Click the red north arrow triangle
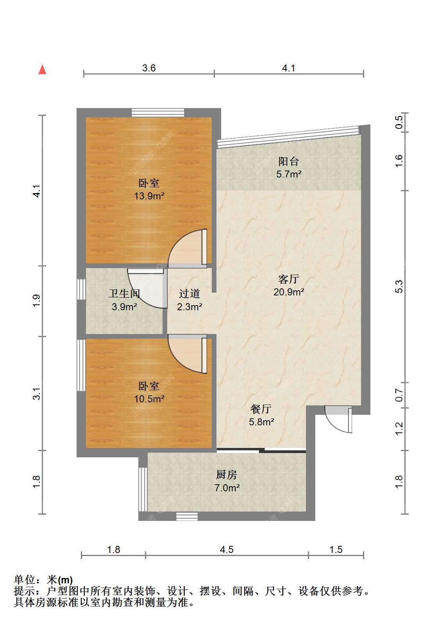43,69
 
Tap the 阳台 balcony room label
288,161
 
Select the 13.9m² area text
149,196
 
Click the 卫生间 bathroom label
124,294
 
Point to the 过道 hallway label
190,294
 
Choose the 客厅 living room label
288,279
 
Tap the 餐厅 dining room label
261,409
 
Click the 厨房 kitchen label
227,475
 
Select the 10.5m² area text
149,399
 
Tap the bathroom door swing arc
146,288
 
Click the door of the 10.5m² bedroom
188,354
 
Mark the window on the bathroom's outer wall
81,289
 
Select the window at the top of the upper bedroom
158,113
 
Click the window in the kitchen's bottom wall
187,516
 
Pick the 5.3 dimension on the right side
399,286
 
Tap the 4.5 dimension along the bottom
227,549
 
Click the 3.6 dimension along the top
149,68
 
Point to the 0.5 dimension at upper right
399,122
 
